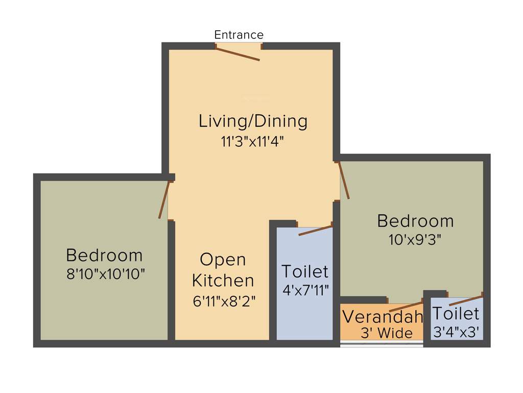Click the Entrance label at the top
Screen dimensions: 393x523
[239, 35]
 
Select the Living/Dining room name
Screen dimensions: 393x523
[253, 121]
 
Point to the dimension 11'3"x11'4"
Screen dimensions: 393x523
[252, 141]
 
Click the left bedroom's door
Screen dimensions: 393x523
[163, 200]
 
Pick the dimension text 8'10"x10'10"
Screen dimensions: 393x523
[106, 274]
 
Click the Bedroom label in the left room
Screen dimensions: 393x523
[104, 254]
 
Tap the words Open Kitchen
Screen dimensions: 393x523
[223, 270]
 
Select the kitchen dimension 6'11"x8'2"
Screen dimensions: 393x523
[224, 301]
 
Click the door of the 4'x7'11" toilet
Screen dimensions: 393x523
[315, 231]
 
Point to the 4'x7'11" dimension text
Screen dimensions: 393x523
[305, 290]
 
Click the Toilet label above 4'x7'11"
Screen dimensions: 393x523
[305, 271]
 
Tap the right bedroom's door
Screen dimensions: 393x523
[344, 180]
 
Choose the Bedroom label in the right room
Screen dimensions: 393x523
[415, 221]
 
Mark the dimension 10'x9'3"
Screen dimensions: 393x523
[415, 238]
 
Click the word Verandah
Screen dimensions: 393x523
[383, 317]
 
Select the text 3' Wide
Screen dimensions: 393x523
[387, 333]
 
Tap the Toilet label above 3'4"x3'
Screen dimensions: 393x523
[456, 313]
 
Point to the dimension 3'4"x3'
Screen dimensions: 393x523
[456, 332]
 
